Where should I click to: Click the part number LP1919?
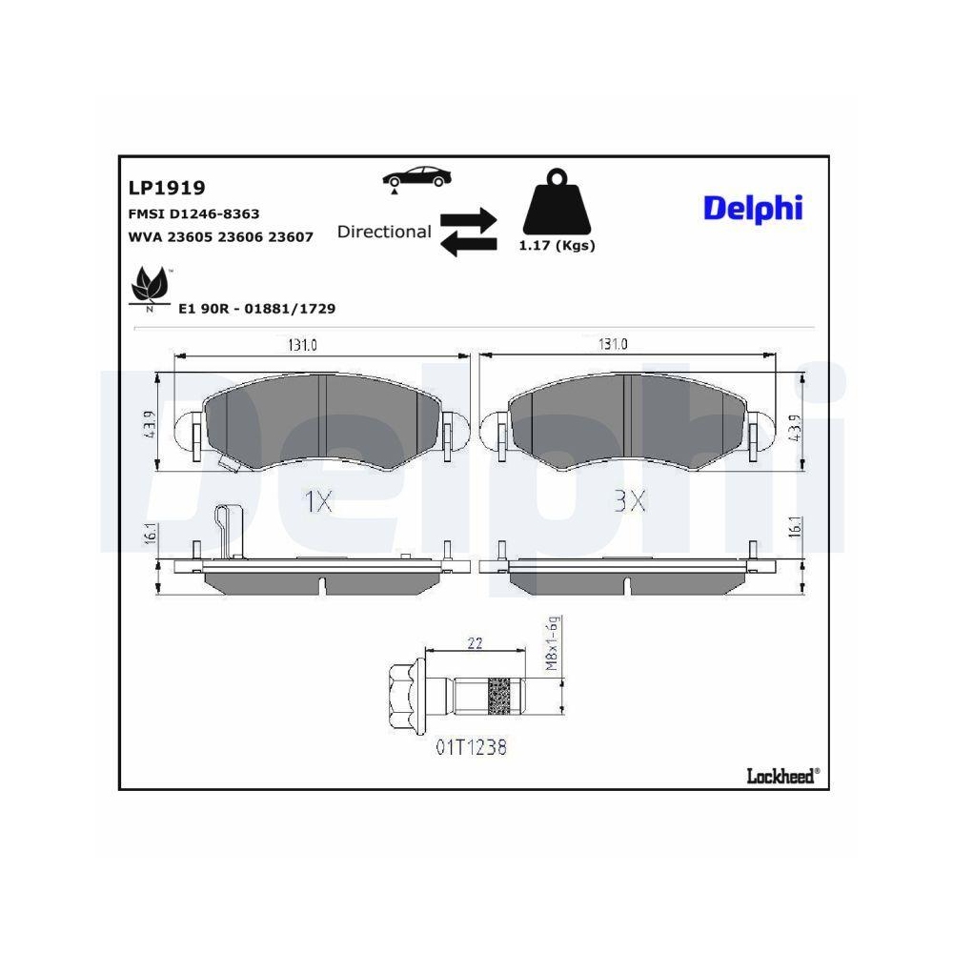(167, 189)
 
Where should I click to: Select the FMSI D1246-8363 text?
(193, 214)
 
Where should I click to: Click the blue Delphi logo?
(753, 208)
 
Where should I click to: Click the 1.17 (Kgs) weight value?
(557, 246)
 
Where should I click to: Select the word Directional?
(384, 232)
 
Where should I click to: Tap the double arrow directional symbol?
(468, 232)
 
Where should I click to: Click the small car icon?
(416, 176)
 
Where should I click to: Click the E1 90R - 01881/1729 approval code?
(257, 309)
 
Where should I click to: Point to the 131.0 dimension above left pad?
(302, 346)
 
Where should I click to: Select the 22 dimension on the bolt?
(476, 643)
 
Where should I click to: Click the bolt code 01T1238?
(472, 747)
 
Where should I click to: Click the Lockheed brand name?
(781, 776)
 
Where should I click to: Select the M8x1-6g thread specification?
(551, 645)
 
